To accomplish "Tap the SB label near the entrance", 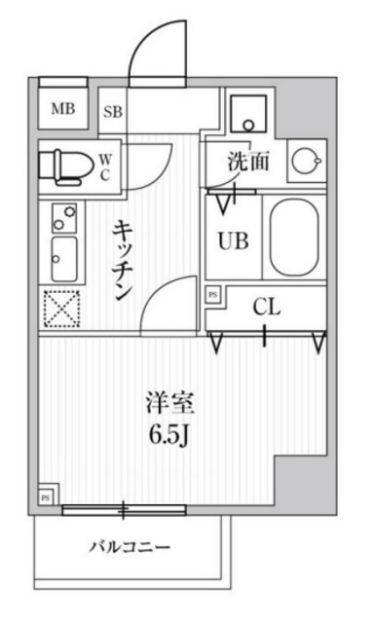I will coord(113,111).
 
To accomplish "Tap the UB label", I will coord(235,238).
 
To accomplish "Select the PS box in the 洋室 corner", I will coord(45,498).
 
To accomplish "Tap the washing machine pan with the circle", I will coord(249,113).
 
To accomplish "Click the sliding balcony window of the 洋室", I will coord(125,507).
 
